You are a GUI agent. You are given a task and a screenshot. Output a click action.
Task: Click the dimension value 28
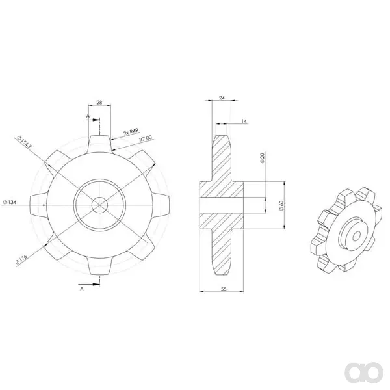99,102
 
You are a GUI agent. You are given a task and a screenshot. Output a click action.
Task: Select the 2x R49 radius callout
131,132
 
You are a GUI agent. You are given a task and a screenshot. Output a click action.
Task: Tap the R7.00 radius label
146,138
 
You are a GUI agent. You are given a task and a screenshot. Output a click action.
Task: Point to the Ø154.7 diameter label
25,142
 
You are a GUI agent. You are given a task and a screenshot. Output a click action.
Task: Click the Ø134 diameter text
10,202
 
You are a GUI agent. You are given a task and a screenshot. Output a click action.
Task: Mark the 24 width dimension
222,97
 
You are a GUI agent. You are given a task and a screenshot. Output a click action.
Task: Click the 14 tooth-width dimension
244,121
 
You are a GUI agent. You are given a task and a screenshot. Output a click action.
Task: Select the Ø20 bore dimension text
262,158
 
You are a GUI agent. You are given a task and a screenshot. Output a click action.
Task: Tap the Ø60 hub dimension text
281,205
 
